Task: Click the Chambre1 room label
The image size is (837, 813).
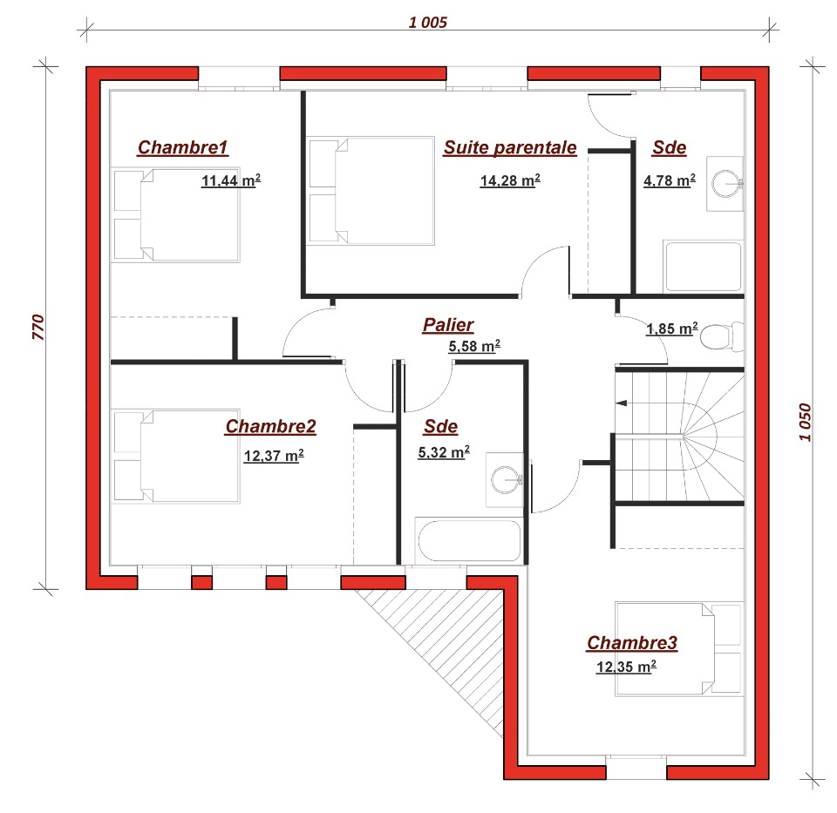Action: (183, 147)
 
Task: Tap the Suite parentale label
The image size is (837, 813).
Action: (510, 147)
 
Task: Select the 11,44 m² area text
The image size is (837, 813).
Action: (230, 181)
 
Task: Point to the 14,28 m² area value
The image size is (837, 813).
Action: (510, 181)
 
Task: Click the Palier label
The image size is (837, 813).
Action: (448, 325)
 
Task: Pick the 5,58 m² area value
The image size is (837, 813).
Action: (474, 346)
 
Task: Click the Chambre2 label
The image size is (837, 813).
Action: (270, 426)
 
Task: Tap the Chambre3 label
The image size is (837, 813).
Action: (632, 643)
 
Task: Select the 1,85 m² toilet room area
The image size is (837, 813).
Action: (671, 329)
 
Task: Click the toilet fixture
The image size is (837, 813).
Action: (722, 336)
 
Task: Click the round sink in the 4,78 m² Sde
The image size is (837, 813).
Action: (726, 184)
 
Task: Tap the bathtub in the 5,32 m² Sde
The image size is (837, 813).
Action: (469, 540)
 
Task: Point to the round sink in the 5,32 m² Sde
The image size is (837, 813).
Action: (506, 480)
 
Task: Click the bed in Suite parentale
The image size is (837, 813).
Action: (371, 191)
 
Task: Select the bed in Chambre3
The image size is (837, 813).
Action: (679, 649)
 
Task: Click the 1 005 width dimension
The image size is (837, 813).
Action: (427, 23)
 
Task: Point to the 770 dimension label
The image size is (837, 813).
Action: (38, 327)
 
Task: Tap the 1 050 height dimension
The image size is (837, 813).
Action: (805, 422)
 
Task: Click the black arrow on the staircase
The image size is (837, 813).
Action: (622, 403)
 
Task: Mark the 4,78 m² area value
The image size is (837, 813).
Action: (670, 181)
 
